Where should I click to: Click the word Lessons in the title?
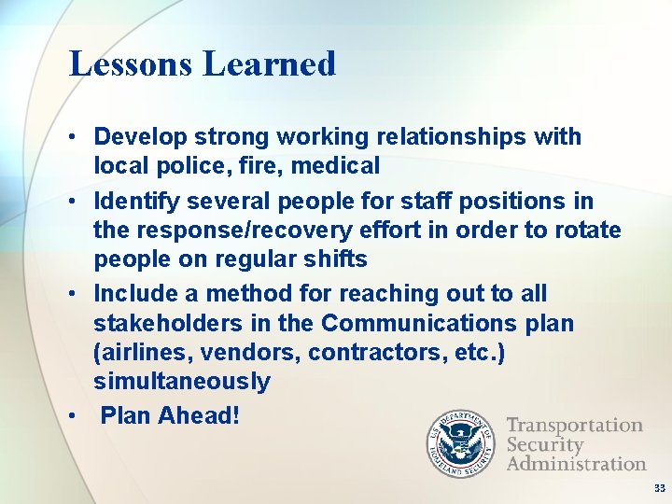point(132,64)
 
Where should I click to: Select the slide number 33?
point(660,488)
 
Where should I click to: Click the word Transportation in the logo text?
point(574,426)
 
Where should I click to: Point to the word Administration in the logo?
point(576,463)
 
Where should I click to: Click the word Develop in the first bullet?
point(140,137)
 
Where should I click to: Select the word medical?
point(340,166)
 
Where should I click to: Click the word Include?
point(133,294)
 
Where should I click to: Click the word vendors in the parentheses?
point(257,353)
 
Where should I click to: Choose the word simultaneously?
point(181,382)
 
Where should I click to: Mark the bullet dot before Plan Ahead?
point(72,414)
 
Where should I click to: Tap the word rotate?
point(585,230)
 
